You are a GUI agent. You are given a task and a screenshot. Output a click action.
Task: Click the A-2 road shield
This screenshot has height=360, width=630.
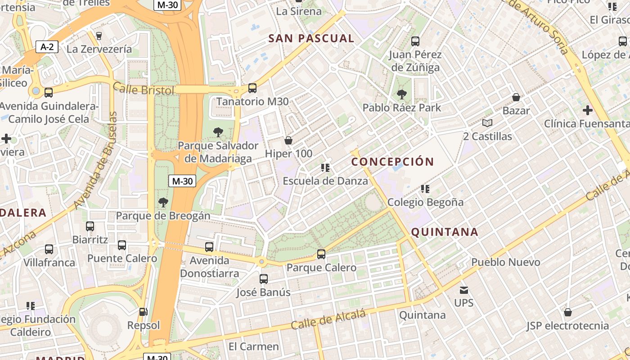(47, 47)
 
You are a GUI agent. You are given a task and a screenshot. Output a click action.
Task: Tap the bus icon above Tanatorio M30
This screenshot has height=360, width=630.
(252, 88)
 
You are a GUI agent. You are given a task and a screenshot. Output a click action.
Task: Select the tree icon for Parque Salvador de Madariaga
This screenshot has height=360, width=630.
(218, 132)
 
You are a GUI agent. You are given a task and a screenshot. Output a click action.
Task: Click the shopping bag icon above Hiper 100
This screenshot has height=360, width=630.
(288, 140)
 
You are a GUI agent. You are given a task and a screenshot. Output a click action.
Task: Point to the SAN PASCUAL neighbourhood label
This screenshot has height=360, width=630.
(311, 39)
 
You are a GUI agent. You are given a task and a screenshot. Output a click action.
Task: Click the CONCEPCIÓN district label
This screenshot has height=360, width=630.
(392, 162)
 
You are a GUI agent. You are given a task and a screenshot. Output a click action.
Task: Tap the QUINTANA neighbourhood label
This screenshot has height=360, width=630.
(445, 232)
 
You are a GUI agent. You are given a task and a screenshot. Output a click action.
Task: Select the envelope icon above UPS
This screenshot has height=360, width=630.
(463, 290)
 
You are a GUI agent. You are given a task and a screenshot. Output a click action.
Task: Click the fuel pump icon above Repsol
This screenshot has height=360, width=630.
(143, 312)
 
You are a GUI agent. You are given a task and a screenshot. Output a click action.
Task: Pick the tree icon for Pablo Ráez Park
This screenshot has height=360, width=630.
(401, 94)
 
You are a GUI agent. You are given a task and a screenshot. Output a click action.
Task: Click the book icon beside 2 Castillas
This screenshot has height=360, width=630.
(487, 123)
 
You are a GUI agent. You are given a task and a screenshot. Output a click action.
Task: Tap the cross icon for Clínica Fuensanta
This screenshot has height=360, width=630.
(587, 110)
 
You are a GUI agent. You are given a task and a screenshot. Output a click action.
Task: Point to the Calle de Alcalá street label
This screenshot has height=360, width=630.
(328, 320)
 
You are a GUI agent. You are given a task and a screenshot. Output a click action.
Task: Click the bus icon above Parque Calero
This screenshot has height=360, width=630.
(321, 254)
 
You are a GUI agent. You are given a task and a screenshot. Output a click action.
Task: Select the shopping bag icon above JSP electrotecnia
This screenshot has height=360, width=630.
(567, 312)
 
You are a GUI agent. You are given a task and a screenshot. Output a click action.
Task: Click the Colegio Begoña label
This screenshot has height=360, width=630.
(425, 202)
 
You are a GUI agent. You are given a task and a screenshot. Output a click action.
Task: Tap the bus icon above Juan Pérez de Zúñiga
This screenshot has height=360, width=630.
(415, 41)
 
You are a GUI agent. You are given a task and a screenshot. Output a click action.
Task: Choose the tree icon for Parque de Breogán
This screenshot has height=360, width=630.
(163, 202)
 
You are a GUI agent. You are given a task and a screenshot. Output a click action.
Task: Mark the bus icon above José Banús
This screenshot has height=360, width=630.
(264, 279)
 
